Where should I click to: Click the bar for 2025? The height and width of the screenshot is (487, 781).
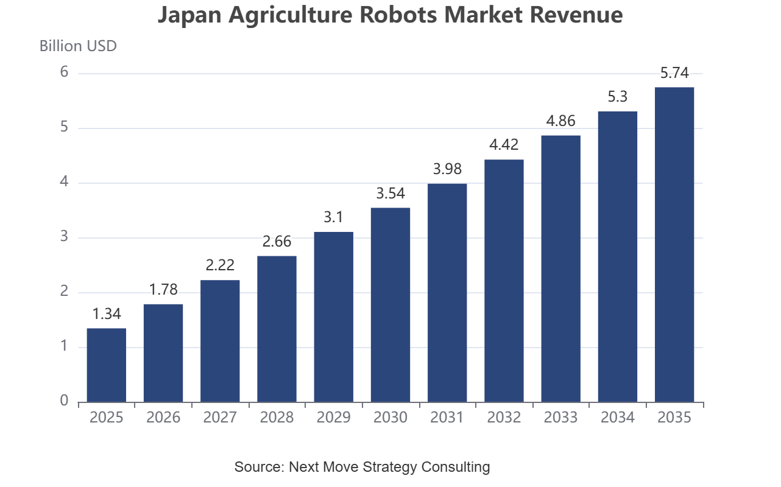(107, 365)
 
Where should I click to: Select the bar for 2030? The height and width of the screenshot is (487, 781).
(390, 305)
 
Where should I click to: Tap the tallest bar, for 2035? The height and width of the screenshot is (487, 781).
(674, 245)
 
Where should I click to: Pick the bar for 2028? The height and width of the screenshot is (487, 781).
(277, 329)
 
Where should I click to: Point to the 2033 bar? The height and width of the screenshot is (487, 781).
(560, 269)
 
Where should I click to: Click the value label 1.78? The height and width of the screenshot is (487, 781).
(163, 290)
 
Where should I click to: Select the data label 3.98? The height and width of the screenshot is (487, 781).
(447, 169)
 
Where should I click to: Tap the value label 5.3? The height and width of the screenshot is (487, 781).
(618, 97)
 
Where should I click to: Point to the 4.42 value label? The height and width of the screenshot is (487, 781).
(504, 144)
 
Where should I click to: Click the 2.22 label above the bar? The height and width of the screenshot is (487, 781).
(220, 265)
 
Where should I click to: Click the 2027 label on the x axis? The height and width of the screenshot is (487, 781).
(220, 418)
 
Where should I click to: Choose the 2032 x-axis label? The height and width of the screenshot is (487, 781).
(504, 418)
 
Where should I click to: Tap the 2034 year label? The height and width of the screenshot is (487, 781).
(618, 418)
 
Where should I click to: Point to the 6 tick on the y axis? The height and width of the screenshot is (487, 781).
(64, 72)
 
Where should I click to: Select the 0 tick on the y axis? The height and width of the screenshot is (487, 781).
(64, 401)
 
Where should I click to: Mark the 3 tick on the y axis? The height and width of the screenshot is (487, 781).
(64, 236)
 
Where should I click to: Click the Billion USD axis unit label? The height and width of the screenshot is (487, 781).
(78, 46)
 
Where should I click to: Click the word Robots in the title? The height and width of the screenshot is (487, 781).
(398, 15)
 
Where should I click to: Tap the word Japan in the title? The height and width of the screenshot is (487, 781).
(189, 16)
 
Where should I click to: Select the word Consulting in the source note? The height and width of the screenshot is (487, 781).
(455, 467)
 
